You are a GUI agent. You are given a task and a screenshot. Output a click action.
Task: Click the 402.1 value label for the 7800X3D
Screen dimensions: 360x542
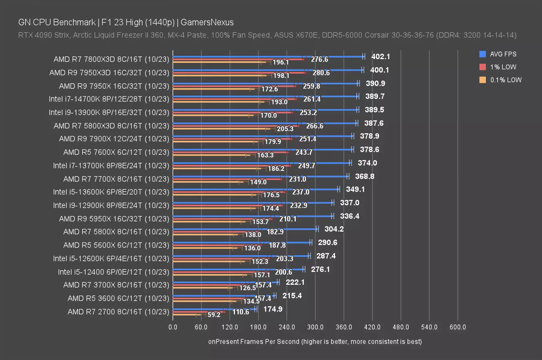point(380,57)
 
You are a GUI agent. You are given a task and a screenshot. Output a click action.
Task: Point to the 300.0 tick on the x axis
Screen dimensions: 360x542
point(315,327)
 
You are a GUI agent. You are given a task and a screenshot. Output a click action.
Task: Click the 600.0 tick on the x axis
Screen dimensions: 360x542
point(458,327)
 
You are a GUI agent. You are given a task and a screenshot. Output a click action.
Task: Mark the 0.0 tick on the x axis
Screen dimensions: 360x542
point(173,327)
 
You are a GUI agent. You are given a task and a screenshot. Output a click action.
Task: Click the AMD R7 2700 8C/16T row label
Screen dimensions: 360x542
point(118,312)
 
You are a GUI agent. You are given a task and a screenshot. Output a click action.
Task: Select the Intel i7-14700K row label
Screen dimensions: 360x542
point(109,99)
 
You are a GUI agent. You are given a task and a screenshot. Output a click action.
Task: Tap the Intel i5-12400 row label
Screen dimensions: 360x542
point(113,272)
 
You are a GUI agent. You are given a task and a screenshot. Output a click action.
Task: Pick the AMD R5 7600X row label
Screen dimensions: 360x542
point(116,152)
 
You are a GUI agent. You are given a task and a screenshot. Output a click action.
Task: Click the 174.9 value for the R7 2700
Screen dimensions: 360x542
point(273,309)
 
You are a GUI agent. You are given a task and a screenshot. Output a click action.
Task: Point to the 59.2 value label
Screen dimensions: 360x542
point(214,315)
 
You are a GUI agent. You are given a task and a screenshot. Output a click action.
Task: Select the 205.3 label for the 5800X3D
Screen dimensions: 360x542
point(285,129)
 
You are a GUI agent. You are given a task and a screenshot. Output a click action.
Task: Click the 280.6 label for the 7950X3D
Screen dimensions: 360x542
point(321,73)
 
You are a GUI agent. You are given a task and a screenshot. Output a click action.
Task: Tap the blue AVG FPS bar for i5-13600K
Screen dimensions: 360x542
point(256,189)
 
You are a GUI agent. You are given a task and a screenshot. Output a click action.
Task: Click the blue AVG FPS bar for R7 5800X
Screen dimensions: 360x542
point(244,229)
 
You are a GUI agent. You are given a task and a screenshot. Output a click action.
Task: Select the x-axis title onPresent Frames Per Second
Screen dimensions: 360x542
point(315,342)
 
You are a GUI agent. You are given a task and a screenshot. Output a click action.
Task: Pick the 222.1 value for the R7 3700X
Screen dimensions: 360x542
point(295,282)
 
